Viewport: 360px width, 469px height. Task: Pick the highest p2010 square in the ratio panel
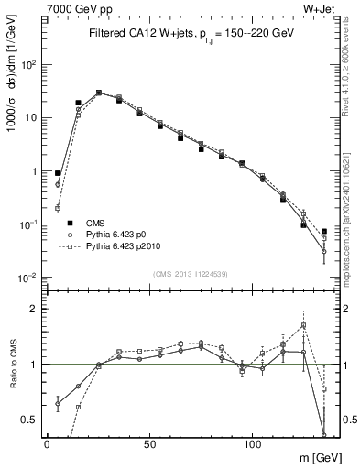(303, 324)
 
